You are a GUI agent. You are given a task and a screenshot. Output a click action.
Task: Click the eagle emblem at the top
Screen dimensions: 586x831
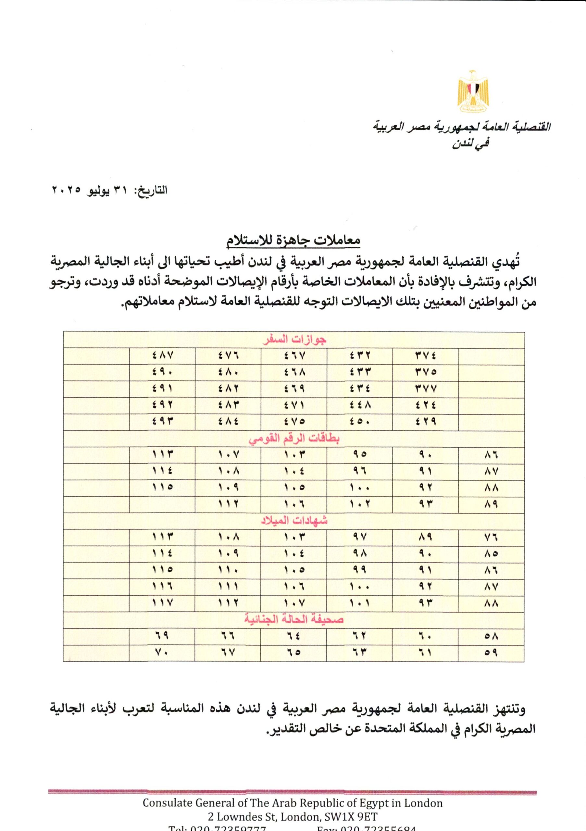(473, 91)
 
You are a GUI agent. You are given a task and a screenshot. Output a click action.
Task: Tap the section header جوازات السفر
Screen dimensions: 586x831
(294, 340)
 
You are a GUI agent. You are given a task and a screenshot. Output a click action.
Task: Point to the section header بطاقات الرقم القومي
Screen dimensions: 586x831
(294, 439)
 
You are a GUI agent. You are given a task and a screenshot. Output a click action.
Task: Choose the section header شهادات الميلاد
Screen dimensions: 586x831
(294, 521)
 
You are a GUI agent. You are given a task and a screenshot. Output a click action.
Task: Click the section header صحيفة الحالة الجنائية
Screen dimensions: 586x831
(294, 620)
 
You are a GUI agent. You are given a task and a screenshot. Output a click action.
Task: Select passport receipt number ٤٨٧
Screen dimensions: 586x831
(163, 356)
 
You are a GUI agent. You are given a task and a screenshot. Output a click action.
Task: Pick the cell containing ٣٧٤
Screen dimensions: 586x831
(426, 356)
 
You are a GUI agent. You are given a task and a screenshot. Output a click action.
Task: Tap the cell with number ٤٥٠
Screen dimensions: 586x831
(360, 422)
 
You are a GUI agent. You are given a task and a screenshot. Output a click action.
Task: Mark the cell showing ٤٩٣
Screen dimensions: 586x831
(163, 422)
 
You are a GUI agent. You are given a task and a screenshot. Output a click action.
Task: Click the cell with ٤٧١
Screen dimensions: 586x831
(294, 405)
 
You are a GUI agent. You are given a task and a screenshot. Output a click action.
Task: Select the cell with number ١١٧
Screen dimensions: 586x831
(163, 603)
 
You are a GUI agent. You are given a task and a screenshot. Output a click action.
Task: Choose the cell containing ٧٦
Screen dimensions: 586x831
(491, 538)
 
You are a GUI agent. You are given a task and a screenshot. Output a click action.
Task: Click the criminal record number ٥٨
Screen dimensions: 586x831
(491, 636)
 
